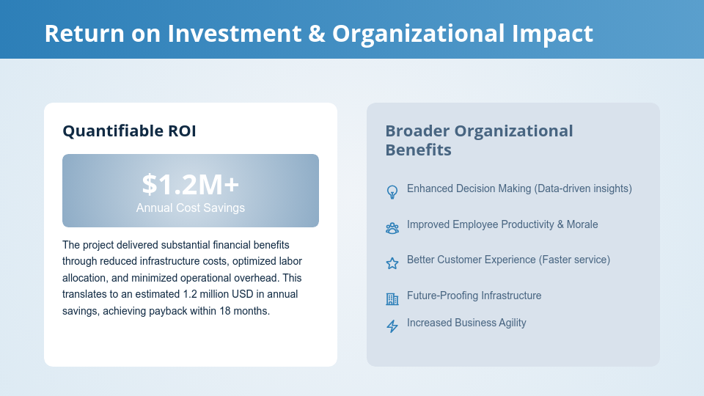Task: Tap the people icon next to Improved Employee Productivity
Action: [392, 228]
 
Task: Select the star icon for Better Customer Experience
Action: [392, 263]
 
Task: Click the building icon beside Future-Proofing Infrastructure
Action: [392, 299]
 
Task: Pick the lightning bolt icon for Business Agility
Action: [392, 326]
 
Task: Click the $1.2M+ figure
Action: [191, 184]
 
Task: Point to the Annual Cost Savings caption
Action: [191, 208]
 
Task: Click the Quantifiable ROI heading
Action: [129, 131]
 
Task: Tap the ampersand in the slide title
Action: [317, 34]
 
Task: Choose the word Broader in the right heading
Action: [417, 131]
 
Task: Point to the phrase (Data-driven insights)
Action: [583, 188]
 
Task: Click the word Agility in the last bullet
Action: [509, 323]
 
